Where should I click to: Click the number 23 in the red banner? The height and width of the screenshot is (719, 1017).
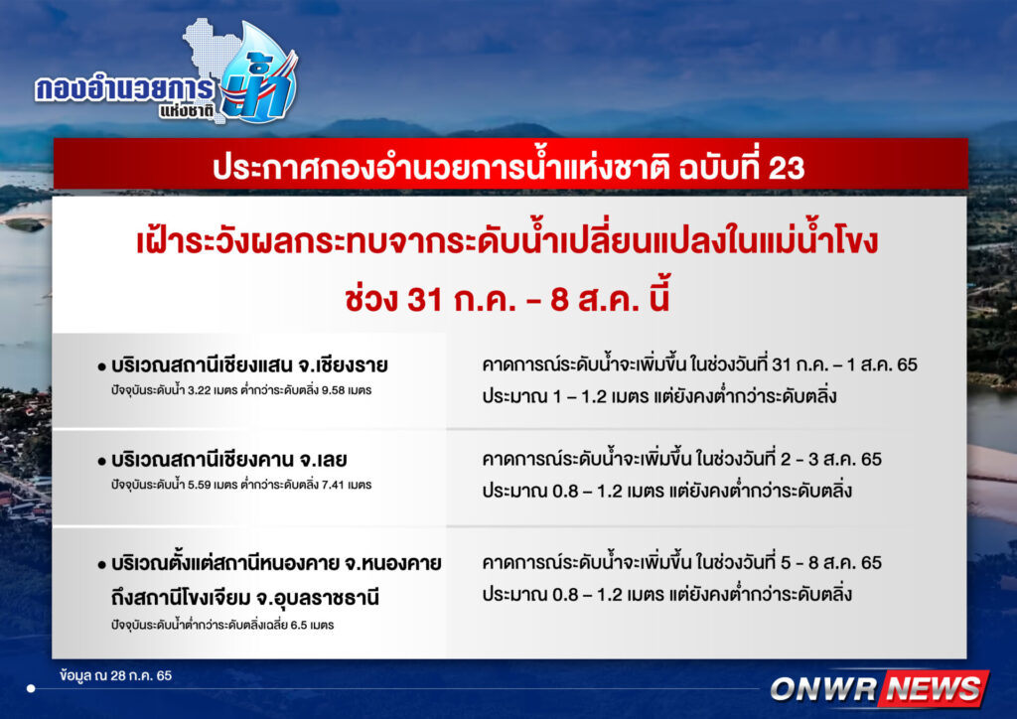(787, 168)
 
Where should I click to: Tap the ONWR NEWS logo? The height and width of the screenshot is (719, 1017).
(880, 688)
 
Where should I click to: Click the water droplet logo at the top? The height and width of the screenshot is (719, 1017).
(259, 74)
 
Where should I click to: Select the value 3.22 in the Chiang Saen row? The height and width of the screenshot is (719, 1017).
(199, 390)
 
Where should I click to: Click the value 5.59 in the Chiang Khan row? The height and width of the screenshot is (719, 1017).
(199, 485)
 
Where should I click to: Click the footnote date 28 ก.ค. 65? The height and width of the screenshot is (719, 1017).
(141, 675)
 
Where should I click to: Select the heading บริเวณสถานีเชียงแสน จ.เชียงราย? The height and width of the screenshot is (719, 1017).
(249, 365)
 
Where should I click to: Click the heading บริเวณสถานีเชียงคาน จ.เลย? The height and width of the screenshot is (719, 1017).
(229, 460)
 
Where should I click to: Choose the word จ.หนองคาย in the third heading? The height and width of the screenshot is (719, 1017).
(392, 563)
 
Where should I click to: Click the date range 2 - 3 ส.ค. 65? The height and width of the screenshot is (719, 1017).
(831, 459)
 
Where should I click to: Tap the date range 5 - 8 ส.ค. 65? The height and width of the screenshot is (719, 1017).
(831, 562)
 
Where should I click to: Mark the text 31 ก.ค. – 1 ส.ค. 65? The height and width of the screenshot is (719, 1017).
(844, 364)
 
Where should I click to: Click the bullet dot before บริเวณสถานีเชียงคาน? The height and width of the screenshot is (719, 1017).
(102, 462)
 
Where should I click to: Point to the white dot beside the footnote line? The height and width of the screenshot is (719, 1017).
(31, 688)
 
